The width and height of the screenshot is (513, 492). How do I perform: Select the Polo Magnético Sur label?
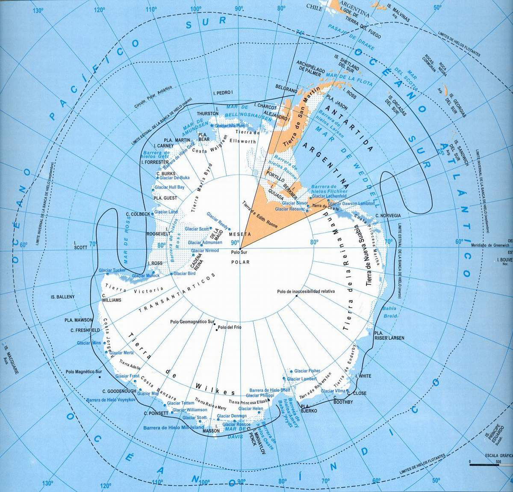[84, 372]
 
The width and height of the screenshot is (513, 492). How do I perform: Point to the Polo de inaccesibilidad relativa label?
[306, 291]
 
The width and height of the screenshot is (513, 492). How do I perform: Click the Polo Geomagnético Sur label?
[192, 322]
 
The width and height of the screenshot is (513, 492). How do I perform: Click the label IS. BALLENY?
[62, 297]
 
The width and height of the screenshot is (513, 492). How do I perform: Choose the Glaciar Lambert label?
[302, 379]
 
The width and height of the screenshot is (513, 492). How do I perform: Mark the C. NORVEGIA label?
[388, 215]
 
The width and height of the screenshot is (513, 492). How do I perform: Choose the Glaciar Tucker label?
[112, 270]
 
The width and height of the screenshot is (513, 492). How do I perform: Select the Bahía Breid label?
[389, 312]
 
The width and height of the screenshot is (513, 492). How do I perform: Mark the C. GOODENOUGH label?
[119, 391]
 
